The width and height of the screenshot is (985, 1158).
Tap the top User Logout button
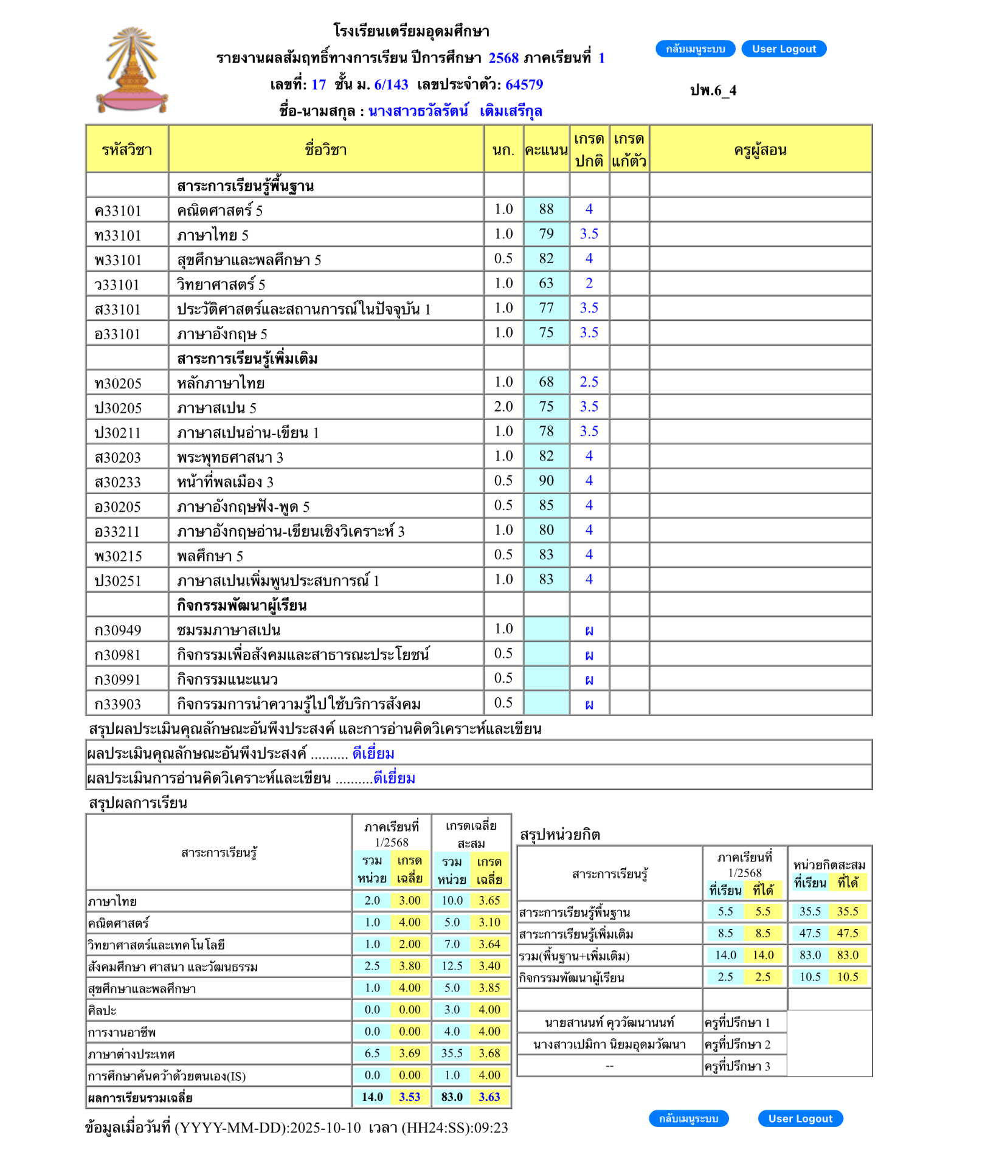784,49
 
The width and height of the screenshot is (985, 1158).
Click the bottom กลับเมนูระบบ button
688,1118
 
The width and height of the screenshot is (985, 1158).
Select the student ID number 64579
524,84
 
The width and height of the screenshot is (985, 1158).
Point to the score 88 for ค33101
546,209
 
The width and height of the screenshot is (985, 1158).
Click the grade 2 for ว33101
589,283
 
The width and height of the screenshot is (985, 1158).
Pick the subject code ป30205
118,408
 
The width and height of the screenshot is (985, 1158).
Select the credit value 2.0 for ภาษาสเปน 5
503,407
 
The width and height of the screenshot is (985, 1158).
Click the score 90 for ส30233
546,481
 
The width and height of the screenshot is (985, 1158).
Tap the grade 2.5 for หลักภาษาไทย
589,382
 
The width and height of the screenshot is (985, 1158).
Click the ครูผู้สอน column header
760,150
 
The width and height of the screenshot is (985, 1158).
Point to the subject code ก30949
118,630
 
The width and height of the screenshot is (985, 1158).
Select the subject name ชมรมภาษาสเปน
229,630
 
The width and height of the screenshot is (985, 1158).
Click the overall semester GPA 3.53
410,1097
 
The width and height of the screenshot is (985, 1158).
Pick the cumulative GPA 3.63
489,1097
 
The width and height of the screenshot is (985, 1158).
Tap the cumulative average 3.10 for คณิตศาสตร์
489,922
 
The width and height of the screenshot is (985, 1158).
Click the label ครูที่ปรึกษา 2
737,1044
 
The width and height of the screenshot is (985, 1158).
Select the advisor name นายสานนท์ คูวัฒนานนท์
609,1022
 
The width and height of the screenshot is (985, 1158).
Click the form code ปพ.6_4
713,91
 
